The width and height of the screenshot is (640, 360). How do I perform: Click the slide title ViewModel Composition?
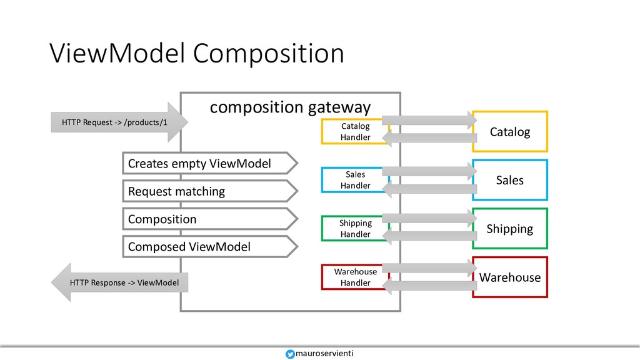[197, 54]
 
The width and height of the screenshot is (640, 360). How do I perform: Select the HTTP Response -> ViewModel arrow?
[119, 282]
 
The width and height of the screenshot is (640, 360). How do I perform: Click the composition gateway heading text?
[290, 107]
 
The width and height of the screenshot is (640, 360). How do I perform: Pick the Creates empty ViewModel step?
[210, 163]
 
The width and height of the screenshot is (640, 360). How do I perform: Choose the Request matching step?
[210, 191]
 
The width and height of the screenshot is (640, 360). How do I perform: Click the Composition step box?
[210, 219]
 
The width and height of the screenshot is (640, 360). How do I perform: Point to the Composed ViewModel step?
[210, 246]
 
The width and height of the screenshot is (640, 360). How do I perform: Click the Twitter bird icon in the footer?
[290, 354]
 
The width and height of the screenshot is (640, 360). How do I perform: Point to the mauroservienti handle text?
[324, 354]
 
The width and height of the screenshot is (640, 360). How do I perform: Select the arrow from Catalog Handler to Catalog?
[429, 120]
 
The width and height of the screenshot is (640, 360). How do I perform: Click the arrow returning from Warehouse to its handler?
[429, 286]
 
